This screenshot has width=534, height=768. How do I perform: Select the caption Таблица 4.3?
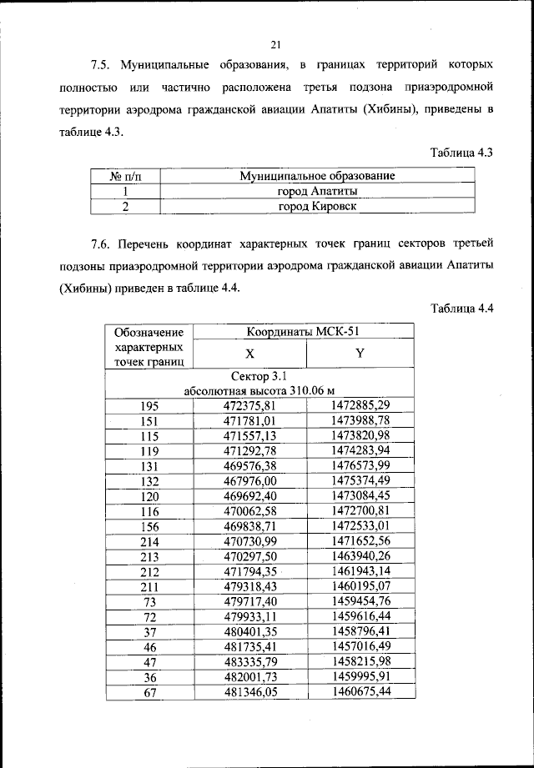tap(463, 153)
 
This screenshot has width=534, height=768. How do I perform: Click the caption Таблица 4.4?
tap(463, 308)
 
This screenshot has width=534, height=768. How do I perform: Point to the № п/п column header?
tap(126, 176)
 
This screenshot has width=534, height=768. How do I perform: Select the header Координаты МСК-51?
tap(305, 331)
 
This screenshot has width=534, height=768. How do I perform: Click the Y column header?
tap(360, 353)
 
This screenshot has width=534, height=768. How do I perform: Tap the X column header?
tap(249, 353)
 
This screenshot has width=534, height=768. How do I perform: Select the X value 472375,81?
tap(249, 405)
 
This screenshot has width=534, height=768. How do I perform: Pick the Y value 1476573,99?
tap(360, 465)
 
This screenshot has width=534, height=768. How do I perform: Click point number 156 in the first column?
tap(149, 527)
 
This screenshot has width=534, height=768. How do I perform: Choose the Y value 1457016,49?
tap(360, 647)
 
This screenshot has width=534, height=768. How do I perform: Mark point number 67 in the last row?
tap(149, 692)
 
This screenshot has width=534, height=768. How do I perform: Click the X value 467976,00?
tap(249, 481)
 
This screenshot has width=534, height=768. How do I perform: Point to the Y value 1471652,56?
tap(360, 542)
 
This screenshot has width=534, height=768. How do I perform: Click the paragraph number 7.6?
tap(102, 244)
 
